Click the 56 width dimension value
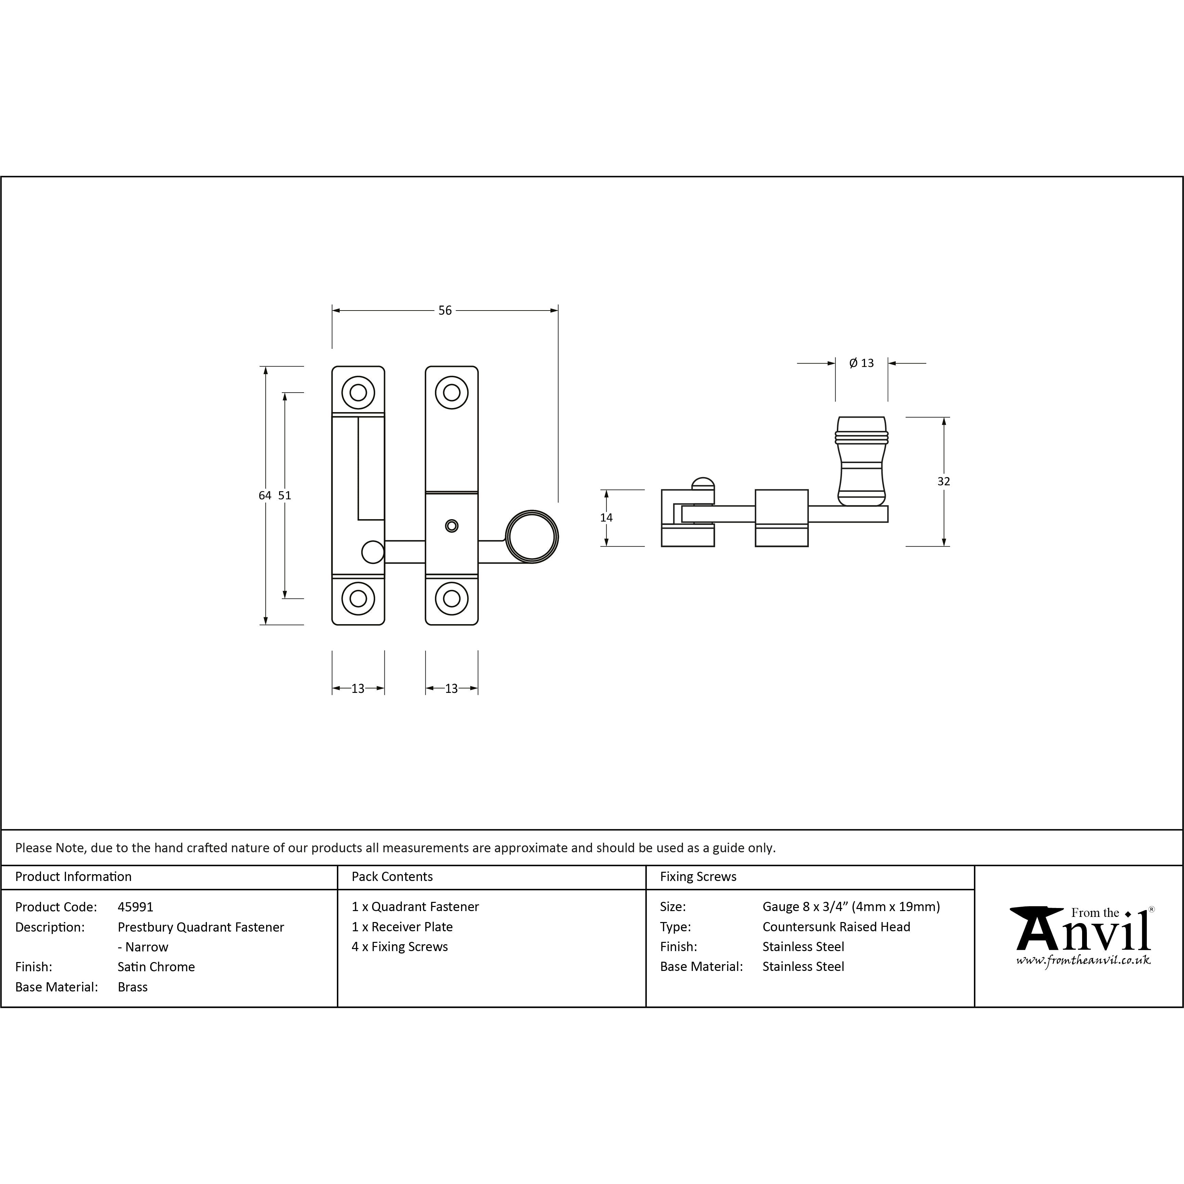445,311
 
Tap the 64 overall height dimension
265,495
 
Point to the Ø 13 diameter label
861,364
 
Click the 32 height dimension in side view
944,481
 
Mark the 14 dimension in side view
606,518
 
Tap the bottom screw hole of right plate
452,598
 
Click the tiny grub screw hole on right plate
452,526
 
